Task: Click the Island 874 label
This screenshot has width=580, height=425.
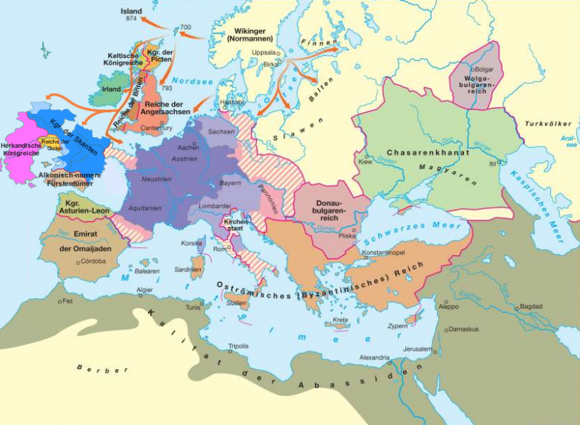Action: pyautogui.click(x=130, y=15)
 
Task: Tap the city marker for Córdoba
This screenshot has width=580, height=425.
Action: pyautogui.click(x=80, y=260)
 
